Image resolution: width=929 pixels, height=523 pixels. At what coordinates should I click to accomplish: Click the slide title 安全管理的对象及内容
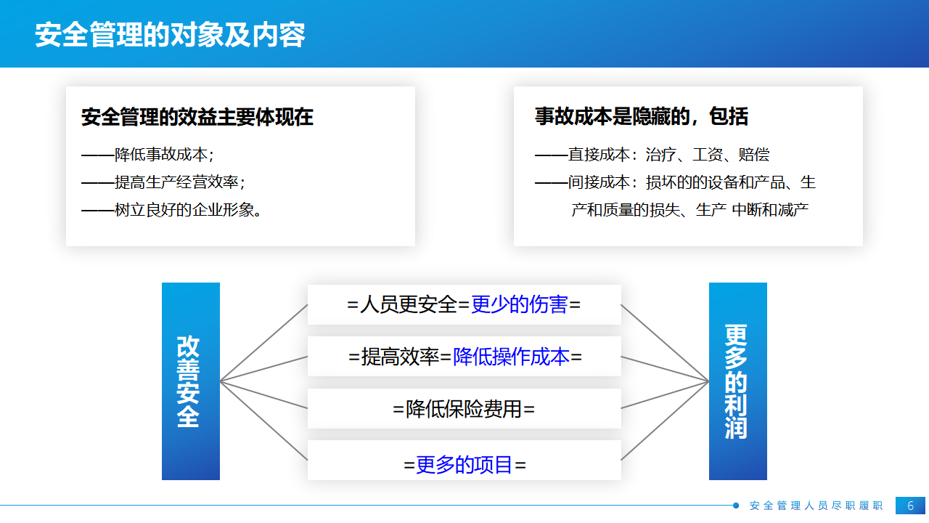(170, 35)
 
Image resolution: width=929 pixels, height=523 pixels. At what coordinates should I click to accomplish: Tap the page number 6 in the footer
(910, 506)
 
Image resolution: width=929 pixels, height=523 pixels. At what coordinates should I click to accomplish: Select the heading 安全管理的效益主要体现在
(197, 117)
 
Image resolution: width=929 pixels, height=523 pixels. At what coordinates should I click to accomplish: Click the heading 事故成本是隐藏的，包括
(641, 116)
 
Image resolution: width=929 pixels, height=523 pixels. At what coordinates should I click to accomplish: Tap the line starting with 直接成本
(652, 155)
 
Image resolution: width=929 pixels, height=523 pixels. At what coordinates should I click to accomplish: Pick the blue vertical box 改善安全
(191, 381)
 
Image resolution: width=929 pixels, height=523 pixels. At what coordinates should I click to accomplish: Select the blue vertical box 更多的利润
(738, 381)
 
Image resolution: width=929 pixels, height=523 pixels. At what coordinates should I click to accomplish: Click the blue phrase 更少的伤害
(519, 304)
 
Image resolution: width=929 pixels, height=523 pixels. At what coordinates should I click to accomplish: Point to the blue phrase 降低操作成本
(511, 357)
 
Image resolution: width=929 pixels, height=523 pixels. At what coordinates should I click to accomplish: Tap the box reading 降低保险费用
(464, 408)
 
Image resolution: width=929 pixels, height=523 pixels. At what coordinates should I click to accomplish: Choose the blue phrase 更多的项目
(464, 464)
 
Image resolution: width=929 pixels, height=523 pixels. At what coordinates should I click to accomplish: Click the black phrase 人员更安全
(408, 304)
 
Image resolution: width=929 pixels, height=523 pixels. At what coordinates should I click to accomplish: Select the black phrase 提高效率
(400, 357)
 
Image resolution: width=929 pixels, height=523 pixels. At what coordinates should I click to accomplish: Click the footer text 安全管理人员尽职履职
(817, 506)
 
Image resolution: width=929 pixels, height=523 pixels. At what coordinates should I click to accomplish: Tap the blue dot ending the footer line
(736, 505)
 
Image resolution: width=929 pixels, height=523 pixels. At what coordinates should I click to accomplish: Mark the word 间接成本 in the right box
(599, 182)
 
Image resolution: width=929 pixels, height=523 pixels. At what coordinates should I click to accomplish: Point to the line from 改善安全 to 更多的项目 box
(263, 421)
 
